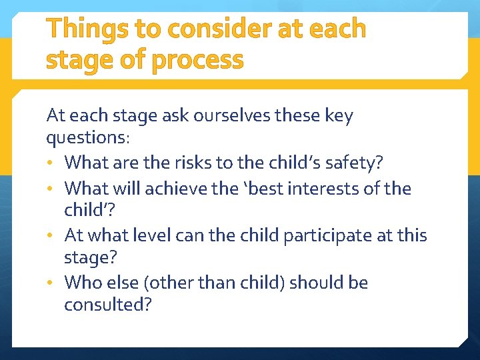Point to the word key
click(339, 115)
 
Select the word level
click(159, 235)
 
